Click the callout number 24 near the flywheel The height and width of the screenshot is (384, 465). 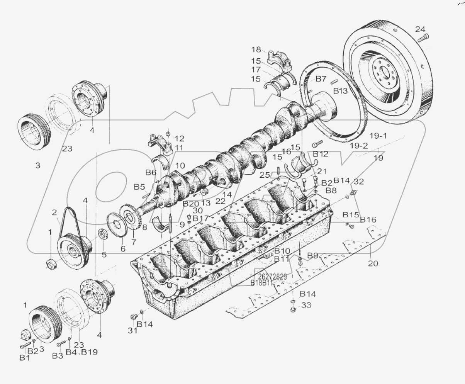420,29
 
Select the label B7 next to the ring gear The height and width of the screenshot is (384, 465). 321,79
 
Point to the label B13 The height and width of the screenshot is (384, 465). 341,91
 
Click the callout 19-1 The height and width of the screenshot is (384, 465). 378,136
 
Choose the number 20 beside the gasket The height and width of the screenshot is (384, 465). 373,263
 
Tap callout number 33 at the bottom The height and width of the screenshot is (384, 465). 306,305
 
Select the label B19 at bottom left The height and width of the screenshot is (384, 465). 89,352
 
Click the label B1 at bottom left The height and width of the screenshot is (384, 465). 24,358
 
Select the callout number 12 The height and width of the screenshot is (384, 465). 179,138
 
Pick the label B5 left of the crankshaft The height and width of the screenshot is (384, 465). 139,187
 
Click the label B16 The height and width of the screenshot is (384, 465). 368,220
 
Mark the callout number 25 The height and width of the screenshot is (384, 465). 265,175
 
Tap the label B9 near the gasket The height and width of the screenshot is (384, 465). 313,255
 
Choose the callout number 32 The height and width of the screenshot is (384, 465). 359,181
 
